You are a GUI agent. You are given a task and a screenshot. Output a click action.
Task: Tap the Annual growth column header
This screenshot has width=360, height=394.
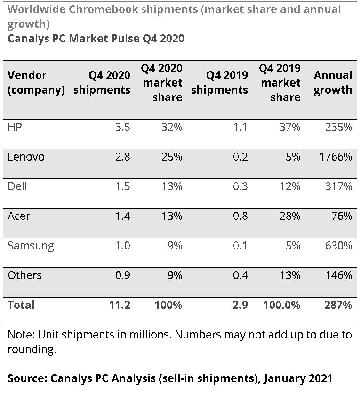tap(333, 83)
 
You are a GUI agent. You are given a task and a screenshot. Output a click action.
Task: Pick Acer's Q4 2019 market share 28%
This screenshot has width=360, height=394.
tap(288, 217)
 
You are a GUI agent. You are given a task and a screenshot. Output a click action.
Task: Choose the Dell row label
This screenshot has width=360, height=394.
tap(17, 187)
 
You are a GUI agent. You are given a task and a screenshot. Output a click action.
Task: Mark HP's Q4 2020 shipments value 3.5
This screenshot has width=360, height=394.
tap(122, 128)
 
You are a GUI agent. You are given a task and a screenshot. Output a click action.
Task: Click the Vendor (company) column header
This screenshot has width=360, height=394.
tap(36, 83)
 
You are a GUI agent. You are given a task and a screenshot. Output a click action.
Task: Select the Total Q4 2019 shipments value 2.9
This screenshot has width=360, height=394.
tap(240, 305)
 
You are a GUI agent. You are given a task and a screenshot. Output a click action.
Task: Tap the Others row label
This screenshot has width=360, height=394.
tap(24, 276)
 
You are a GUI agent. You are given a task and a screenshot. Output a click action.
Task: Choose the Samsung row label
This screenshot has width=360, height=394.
tap(31, 246)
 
